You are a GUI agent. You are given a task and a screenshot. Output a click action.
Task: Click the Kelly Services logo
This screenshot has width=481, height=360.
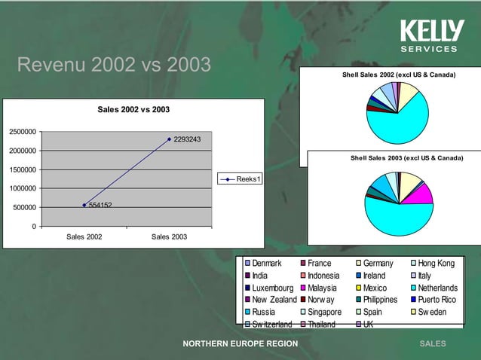click(x=430, y=35)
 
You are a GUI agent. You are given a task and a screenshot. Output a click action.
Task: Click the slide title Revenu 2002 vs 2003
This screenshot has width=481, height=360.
click(x=113, y=66)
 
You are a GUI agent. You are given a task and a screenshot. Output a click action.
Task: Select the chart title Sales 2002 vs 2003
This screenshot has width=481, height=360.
click(x=133, y=110)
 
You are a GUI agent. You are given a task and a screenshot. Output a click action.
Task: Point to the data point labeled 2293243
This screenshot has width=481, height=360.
click(x=169, y=139)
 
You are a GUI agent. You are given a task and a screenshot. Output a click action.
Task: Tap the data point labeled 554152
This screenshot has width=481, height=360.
click(x=84, y=205)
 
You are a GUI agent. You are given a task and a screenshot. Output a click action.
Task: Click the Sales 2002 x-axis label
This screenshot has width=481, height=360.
click(x=85, y=237)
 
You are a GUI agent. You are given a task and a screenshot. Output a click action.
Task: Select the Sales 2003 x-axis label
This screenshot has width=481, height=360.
click(x=170, y=237)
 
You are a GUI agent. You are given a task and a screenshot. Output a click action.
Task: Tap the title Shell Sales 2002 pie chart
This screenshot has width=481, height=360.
click(x=399, y=75)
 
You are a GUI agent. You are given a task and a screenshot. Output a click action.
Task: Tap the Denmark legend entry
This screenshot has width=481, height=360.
click(x=267, y=264)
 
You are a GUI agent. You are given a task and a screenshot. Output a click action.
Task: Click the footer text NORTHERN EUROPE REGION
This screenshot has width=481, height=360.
click(x=240, y=344)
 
